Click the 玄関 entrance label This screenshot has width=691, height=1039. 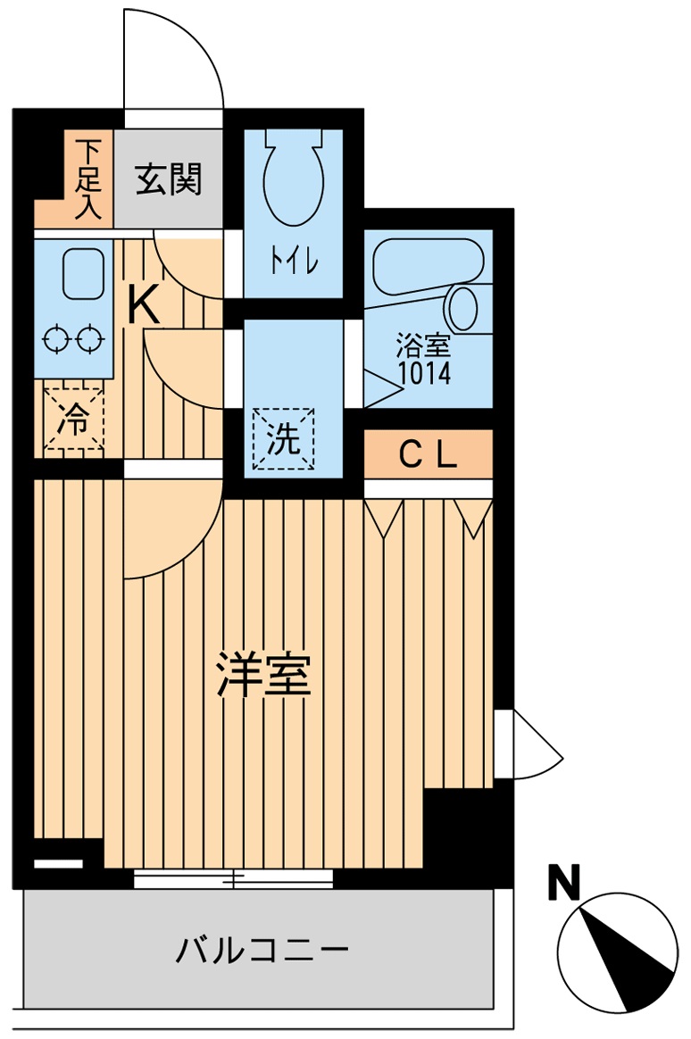[169, 179]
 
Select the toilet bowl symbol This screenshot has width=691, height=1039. [293, 179]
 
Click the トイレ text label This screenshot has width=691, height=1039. [293, 262]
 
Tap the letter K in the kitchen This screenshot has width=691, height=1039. [143, 305]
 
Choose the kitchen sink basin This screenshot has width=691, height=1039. [83, 273]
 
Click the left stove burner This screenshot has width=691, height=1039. [57, 339]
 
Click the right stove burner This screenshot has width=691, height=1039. [90, 339]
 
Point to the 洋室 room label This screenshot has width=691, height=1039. [265, 676]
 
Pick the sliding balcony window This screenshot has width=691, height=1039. [233, 878]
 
